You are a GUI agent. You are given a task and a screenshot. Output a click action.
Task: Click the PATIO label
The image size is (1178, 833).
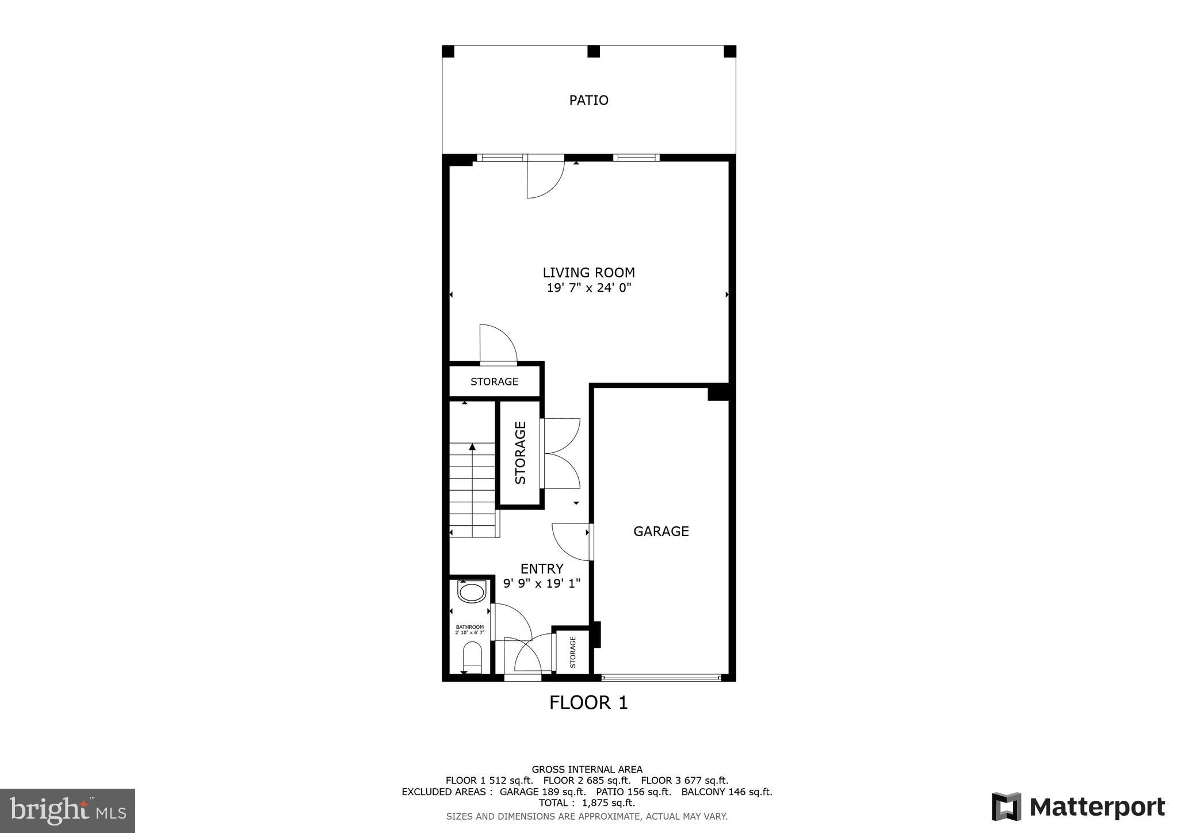coord(588,100)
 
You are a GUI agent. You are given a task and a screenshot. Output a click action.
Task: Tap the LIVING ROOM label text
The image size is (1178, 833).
coord(588,273)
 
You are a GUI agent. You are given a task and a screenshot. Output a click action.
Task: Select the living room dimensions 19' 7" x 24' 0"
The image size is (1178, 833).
coord(588,288)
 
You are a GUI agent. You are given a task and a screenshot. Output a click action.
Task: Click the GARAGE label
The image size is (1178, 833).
coord(661,532)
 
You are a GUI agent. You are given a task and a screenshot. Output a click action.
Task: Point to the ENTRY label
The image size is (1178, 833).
coord(541,569)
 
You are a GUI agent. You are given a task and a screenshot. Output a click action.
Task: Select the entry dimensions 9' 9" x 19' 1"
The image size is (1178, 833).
coord(541,583)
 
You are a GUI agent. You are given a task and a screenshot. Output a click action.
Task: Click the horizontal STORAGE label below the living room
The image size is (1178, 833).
coord(494,382)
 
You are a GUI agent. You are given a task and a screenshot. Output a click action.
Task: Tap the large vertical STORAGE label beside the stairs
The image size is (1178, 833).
coord(520,453)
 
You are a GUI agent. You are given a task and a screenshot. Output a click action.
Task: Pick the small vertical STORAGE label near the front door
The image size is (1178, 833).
coord(573,652)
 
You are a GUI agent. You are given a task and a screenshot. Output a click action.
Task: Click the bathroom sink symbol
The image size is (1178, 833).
coord(472,593)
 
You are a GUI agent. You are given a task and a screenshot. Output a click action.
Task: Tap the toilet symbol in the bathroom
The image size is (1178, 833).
coord(472,656)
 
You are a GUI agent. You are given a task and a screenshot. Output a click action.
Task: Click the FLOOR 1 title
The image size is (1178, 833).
coord(588,702)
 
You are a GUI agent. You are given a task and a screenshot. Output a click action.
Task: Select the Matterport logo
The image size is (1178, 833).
coord(1078,807)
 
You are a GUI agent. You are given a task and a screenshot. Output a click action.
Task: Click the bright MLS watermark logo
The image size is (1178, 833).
coord(67,811)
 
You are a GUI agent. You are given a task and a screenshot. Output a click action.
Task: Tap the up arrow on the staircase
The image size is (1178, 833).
coord(472,448)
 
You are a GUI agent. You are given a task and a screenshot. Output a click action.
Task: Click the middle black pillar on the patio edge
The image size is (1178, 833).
coord(593,52)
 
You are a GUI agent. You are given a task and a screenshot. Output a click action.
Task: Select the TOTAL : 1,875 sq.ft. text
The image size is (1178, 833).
coord(587,803)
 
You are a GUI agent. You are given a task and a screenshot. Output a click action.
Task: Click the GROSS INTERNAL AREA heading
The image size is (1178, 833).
coord(587,769)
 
